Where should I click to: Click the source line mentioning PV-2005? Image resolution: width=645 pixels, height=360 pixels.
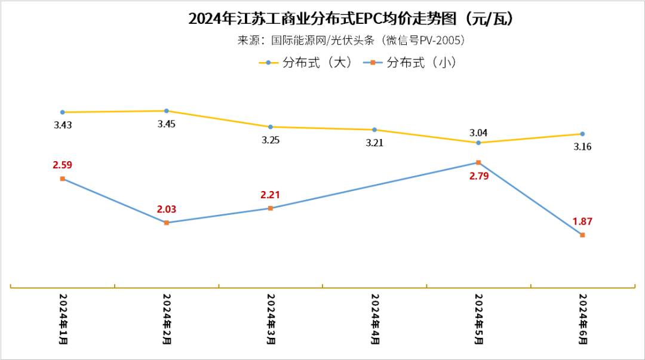[352, 41]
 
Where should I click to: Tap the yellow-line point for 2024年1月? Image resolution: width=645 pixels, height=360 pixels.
[63, 112]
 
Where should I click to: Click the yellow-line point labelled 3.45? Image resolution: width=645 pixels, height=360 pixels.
[167, 111]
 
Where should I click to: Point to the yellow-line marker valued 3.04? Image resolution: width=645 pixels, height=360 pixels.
[478, 143]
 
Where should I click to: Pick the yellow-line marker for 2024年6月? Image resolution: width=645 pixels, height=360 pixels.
[582, 134]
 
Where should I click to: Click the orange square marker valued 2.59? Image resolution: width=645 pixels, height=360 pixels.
[63, 179]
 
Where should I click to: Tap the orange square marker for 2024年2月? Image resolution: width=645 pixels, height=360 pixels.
[167, 223]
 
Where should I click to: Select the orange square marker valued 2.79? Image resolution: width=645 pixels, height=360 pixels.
[478, 162]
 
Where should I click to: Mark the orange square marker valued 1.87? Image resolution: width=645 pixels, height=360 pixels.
[582, 235]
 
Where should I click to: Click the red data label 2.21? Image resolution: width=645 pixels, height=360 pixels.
[270, 195]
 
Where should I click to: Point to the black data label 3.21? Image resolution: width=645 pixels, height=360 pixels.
[374, 143]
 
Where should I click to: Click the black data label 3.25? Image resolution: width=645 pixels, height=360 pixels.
[270, 140]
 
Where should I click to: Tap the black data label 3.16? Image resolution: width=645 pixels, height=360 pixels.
[582, 147]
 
